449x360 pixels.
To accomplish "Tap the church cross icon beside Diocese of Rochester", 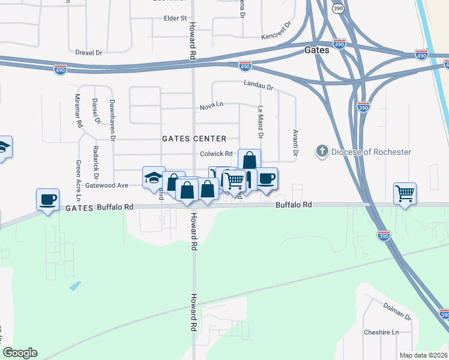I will click(322, 152).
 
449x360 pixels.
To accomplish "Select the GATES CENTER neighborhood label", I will click(194, 139).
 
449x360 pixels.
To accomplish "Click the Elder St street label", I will click(175, 19).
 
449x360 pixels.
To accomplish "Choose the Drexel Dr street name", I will click(89, 52).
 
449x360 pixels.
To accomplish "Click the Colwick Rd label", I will click(212, 154).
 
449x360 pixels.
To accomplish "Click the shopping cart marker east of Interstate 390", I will click(405, 194).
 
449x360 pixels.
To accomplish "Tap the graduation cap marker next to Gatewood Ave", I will click(154, 177).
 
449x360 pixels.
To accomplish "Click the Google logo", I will click(20, 352).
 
